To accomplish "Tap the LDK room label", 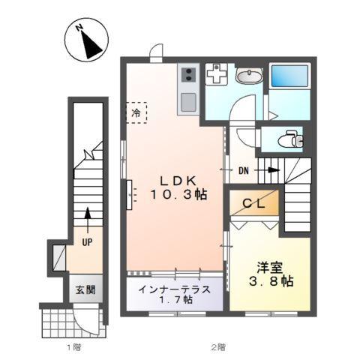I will click(x=177, y=181).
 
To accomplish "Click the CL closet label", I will click(x=253, y=203).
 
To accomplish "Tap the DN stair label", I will click(x=244, y=170).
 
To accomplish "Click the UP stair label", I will click(x=88, y=241).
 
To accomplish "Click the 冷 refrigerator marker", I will click(x=136, y=112).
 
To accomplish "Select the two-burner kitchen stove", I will click(x=188, y=74).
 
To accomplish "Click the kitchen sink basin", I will click(x=188, y=102).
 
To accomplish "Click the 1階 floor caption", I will click(x=73, y=347).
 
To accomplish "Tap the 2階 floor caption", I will click(x=217, y=347).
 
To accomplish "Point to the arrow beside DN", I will click(x=268, y=170).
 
